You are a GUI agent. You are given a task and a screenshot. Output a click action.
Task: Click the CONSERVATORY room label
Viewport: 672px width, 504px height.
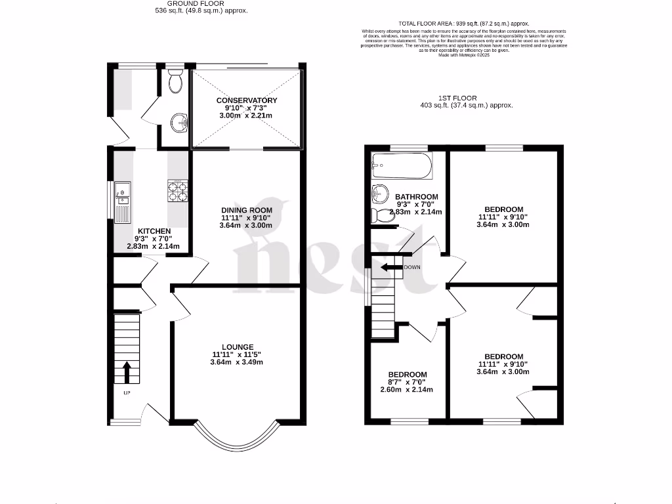247,100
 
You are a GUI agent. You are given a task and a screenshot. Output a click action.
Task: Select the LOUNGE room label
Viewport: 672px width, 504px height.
237,346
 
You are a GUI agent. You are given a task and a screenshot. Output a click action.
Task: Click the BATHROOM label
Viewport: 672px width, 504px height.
416,197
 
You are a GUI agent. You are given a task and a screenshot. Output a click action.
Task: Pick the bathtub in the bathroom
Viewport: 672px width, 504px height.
402,167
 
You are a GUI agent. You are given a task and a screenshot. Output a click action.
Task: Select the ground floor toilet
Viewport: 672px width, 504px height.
175,82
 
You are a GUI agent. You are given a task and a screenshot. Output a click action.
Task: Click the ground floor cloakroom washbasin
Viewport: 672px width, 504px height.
179,121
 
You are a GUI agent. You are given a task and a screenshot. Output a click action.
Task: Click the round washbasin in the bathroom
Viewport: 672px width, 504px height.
380,193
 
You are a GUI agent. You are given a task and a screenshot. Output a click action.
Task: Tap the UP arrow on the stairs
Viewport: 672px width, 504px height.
127,372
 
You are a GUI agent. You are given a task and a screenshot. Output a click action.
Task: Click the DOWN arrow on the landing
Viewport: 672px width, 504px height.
393,267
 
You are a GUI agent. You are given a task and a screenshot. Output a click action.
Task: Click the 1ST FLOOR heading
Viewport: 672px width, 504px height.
468,98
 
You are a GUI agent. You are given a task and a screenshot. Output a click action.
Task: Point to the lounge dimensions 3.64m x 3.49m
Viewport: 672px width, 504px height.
237,362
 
